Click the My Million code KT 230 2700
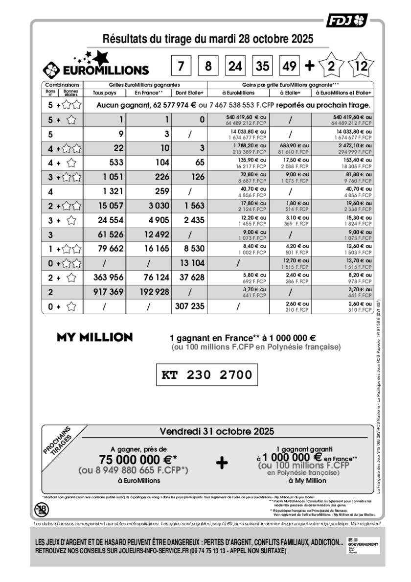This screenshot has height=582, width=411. [206, 375]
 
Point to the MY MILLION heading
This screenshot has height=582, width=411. [94, 337]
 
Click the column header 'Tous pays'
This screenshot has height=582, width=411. [104, 93]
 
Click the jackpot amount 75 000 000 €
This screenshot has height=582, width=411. [135, 460]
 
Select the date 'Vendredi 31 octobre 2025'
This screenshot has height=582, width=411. [217, 431]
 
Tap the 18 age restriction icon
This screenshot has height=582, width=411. [42, 510]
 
